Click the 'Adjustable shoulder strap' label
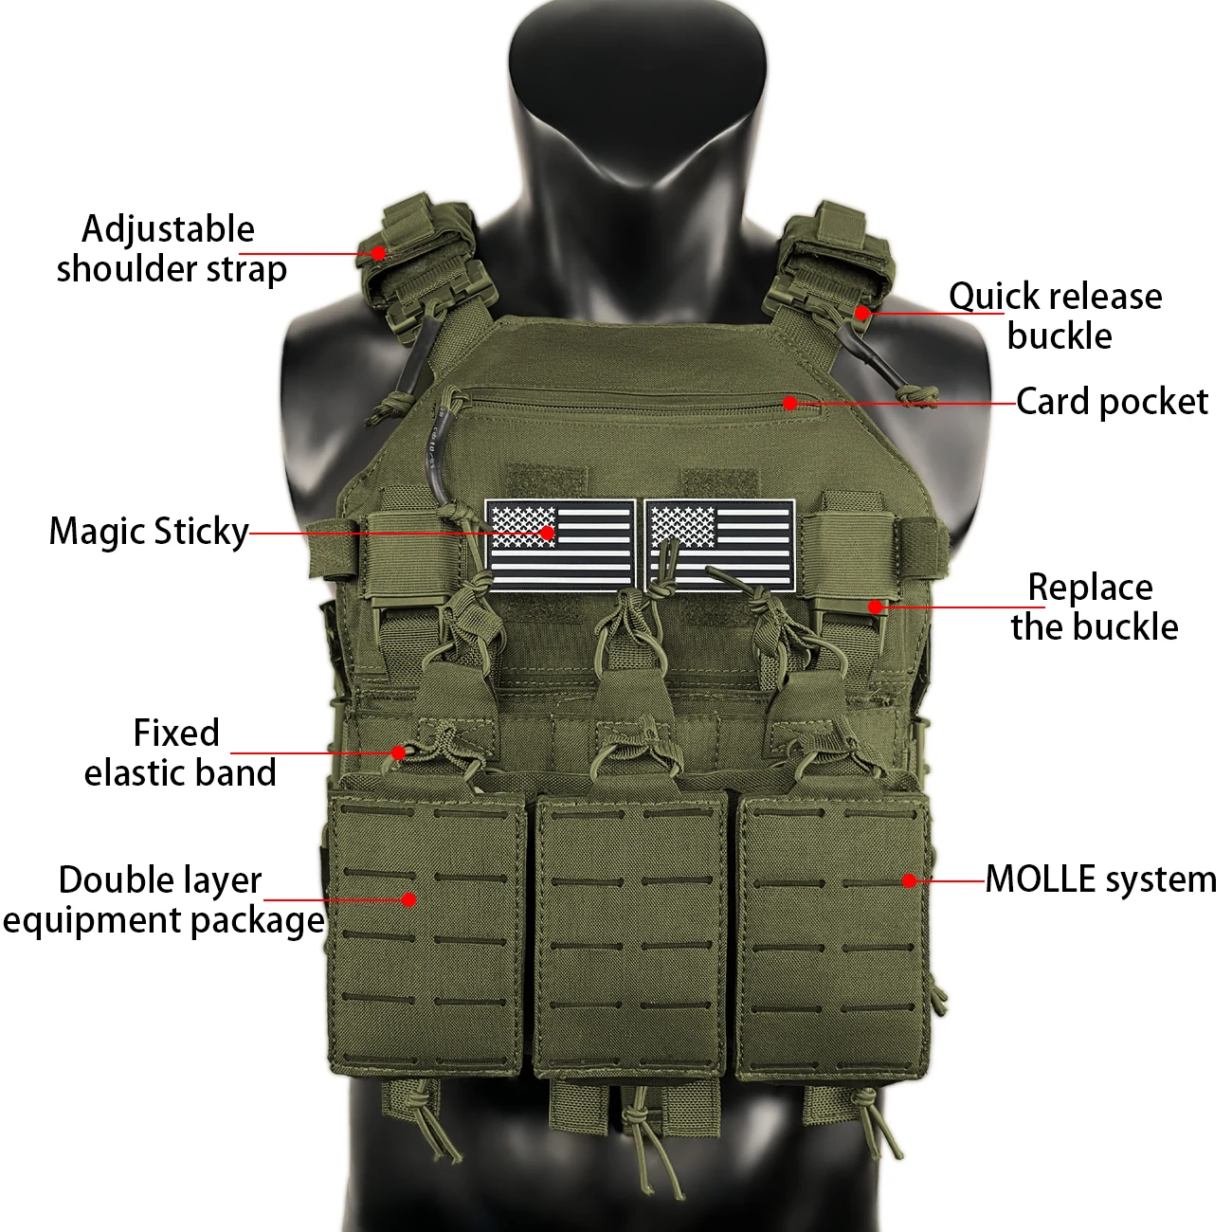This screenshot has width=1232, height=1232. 172,248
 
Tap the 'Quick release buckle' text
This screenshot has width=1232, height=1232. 1056,316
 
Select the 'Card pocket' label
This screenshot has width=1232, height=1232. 1112,402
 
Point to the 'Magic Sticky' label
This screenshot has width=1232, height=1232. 149,532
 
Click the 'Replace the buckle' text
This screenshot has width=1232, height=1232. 1094,607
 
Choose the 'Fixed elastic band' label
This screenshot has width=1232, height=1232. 180,752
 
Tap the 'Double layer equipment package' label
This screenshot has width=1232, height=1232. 164,901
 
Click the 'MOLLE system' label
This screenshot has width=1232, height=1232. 1100,879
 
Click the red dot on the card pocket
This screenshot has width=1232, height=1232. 790,403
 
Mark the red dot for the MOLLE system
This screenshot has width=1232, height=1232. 909,881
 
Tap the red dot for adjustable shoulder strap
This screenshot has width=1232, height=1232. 378,253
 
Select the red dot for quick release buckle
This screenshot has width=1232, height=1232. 862,314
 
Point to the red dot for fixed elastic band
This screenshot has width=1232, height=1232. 398,752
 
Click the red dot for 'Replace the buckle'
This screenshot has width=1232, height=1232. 876,607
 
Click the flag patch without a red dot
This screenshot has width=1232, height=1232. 719,545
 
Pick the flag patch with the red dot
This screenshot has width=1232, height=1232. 560,545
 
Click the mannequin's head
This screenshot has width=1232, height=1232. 638,89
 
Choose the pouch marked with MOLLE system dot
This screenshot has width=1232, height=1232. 832,936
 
